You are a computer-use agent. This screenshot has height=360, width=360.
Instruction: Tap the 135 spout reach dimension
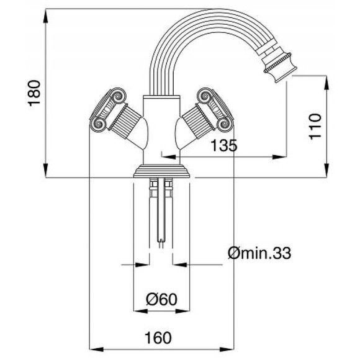pos(223,146)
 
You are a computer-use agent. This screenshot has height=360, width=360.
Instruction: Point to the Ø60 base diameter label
pos(161,300)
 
